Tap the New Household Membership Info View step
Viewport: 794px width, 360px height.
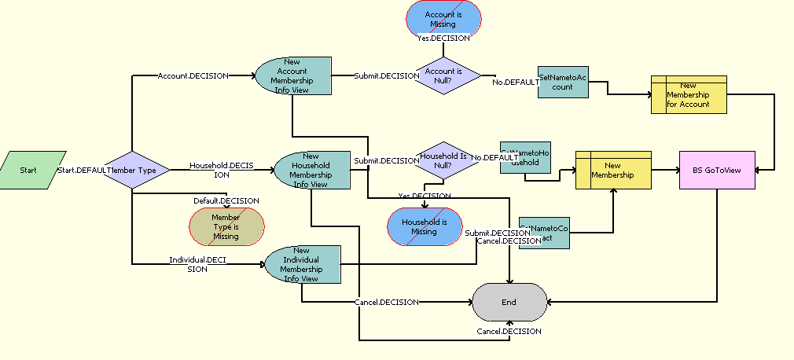click(x=311, y=171)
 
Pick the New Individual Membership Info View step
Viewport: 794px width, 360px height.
click(x=302, y=264)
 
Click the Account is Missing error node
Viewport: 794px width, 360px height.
click(x=443, y=19)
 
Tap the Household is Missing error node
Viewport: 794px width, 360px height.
click(x=425, y=226)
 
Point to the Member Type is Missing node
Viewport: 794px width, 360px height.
click(x=226, y=226)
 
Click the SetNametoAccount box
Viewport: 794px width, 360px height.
click(x=563, y=82)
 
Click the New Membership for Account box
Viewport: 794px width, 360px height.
click(x=689, y=94)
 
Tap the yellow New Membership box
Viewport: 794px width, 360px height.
click(x=613, y=170)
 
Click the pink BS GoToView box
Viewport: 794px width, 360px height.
click(x=717, y=170)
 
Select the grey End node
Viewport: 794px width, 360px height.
click(x=509, y=302)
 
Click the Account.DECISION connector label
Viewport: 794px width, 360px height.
click(x=193, y=76)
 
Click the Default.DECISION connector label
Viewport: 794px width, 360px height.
click(x=226, y=200)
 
